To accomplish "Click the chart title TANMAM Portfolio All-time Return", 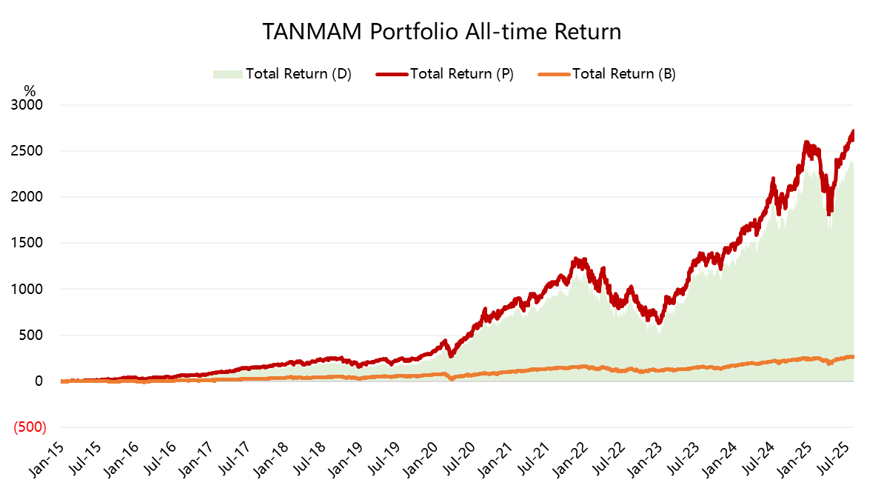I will point(441,32).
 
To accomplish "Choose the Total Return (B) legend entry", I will point(623,73).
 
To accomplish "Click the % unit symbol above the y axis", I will point(30,91).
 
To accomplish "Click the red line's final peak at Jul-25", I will point(853,132).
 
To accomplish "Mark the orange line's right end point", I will point(853,357).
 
